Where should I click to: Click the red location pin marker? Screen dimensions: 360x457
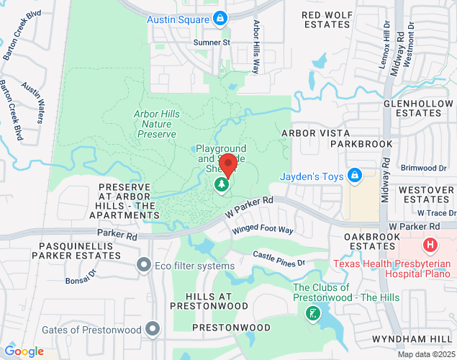[228, 165]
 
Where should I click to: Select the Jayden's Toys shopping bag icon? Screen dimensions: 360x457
[354, 175]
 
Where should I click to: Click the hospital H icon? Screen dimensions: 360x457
[431, 245]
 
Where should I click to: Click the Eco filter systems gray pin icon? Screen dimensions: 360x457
[145, 266]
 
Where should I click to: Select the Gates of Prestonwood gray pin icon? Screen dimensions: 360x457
[152, 330]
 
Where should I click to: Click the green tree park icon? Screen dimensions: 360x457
[222, 186]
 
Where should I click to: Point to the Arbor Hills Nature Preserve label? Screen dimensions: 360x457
[156, 124]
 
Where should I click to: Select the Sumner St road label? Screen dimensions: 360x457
[211, 42]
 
